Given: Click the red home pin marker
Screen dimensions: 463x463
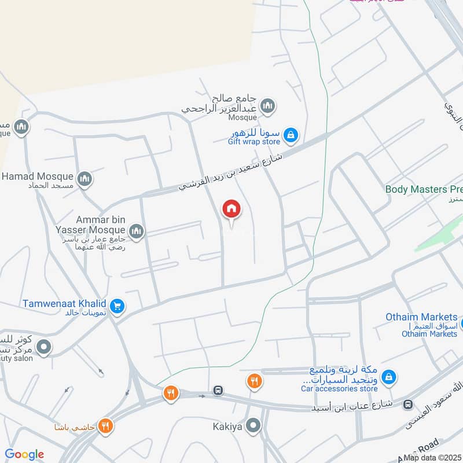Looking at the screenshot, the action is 231,209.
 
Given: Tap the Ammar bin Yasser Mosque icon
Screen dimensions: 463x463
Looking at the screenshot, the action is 137,232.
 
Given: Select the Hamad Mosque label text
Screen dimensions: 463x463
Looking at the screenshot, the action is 38,177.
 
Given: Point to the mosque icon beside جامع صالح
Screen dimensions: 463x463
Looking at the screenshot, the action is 267,106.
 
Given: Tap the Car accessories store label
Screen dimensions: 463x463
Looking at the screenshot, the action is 339,388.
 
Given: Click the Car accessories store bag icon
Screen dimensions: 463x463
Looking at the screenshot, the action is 389,377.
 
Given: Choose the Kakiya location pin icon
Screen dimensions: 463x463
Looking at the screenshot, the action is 253,427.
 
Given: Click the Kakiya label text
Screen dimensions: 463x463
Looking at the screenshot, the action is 227,427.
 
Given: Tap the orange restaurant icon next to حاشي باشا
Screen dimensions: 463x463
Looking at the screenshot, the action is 105,427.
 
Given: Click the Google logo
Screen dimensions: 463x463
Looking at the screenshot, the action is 24,454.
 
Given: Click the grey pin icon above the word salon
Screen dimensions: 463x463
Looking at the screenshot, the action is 44,347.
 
